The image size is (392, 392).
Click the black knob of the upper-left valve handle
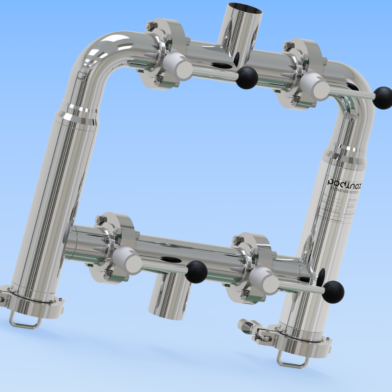pyautogui.click(x=246, y=78)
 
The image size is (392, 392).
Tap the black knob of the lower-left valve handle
pyautogui.click(x=196, y=272)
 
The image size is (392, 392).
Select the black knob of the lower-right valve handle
pyautogui.click(x=333, y=292)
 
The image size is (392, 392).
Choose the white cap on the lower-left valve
pyautogui.click(x=127, y=261)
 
